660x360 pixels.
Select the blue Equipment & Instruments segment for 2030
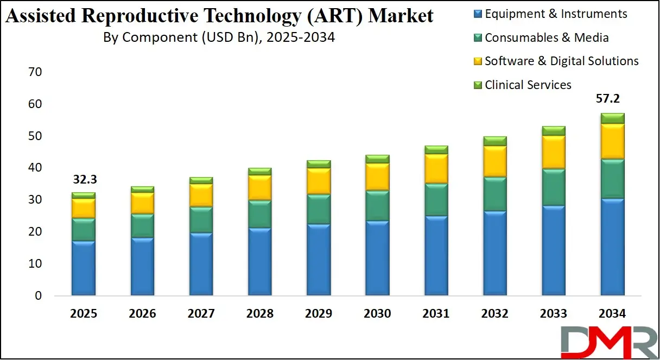click(x=377, y=258)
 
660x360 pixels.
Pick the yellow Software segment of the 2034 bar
click(x=612, y=141)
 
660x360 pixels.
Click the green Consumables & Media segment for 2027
click(x=201, y=219)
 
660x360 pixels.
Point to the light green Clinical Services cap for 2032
click(x=494, y=141)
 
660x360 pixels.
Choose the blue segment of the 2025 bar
click(x=83, y=268)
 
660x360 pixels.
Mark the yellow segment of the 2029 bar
click(x=318, y=181)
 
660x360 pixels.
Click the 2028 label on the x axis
click(x=259, y=314)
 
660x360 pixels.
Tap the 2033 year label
click(x=553, y=314)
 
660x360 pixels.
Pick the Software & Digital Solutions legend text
click(x=562, y=61)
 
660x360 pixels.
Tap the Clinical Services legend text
click(x=528, y=85)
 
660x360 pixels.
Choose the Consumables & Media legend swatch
click(x=478, y=38)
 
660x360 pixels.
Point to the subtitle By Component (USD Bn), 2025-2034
click(x=219, y=37)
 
